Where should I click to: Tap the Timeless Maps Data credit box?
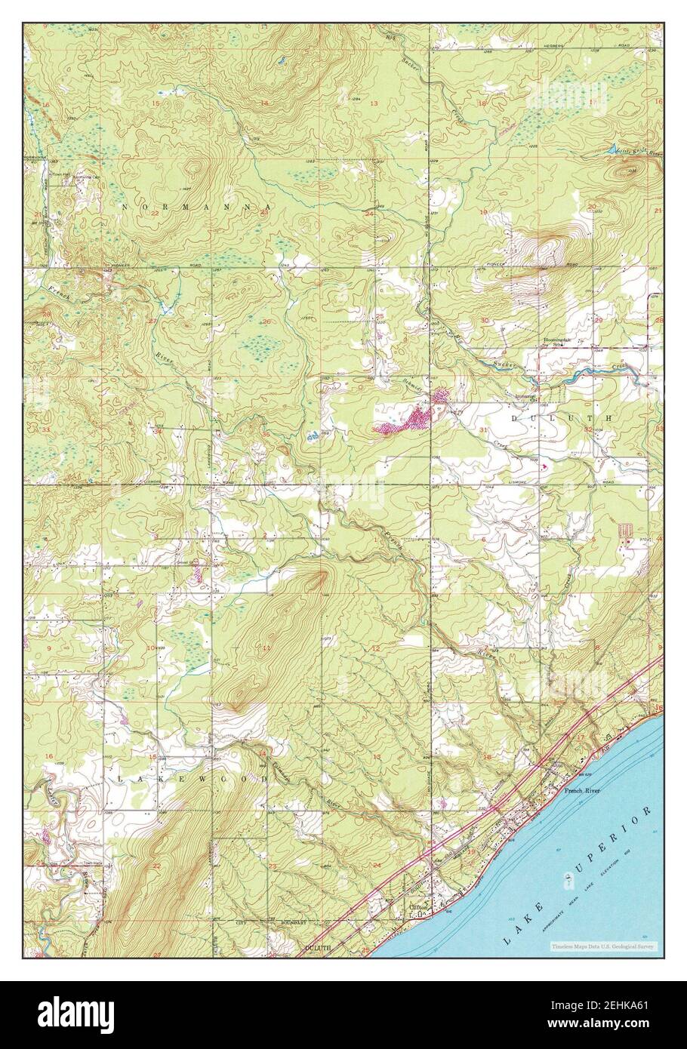(603, 946)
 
